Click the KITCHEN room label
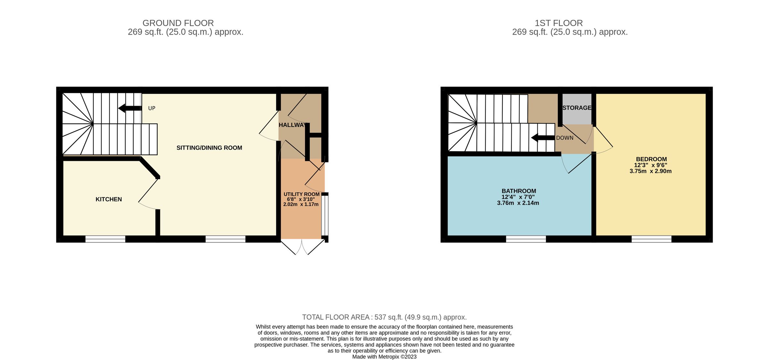pyautogui.click(x=109, y=199)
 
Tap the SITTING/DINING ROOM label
pyautogui.click(x=209, y=148)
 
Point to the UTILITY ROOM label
pyautogui.click(x=302, y=194)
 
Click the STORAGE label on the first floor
pyautogui.click(x=577, y=108)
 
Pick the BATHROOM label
pyautogui.click(x=519, y=191)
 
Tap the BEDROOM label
pyautogui.click(x=651, y=159)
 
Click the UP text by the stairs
pyautogui.click(x=152, y=108)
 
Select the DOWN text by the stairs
pyautogui.click(x=565, y=138)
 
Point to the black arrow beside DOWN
pyautogui.click(x=542, y=138)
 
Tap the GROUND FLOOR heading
pyautogui.click(x=178, y=23)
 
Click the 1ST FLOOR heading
pyautogui.click(x=558, y=23)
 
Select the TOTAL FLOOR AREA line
pyautogui.click(x=384, y=317)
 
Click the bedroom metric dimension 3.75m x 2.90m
pyautogui.click(x=650, y=171)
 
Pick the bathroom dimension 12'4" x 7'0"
pyautogui.click(x=518, y=197)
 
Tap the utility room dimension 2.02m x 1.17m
pyautogui.click(x=301, y=204)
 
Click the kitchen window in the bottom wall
pyautogui.click(x=105, y=239)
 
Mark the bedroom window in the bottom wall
pyautogui.click(x=651, y=239)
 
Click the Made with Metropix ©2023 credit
pyautogui.click(x=384, y=356)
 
